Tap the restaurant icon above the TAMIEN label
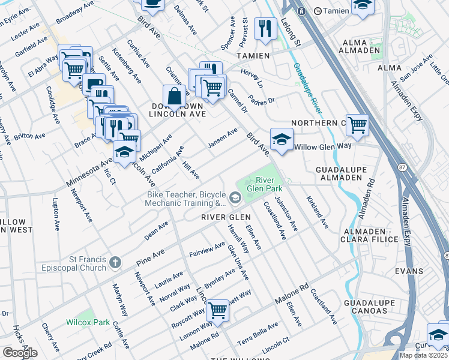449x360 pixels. click(264, 27)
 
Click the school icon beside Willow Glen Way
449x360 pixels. click(281, 139)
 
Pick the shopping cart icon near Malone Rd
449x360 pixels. click(217, 310)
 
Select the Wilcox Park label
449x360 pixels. click(88, 322)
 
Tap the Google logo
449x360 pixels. click(20, 353)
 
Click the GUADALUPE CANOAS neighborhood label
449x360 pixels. click(369, 305)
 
